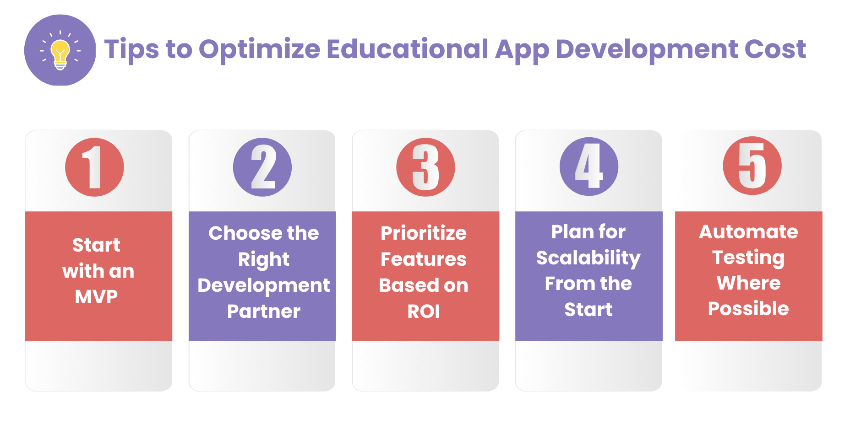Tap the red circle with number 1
coord(94,167)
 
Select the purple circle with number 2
coord(262,167)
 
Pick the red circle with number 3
coord(425,167)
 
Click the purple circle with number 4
coord(589,167)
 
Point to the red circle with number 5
coord(752,166)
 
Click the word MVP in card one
coord(96,297)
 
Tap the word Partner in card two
coord(264,312)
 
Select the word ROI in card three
coord(424,312)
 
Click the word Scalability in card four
coord(588,258)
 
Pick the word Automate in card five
coord(748,231)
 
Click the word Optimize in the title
coord(259,49)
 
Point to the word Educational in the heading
coord(408,49)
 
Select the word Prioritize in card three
coord(424,233)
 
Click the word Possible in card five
coord(748,309)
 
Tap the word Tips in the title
coord(131,49)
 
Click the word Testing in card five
coord(748,258)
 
